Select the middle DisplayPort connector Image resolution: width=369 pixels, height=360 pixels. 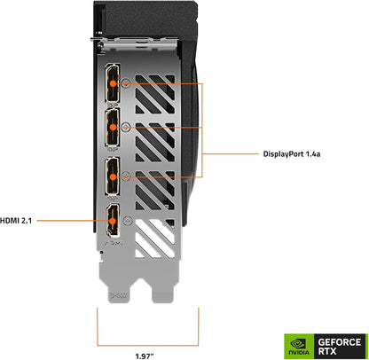pyautogui.click(x=114, y=128)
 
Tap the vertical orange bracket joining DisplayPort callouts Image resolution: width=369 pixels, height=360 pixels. pyautogui.click(x=203, y=129)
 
